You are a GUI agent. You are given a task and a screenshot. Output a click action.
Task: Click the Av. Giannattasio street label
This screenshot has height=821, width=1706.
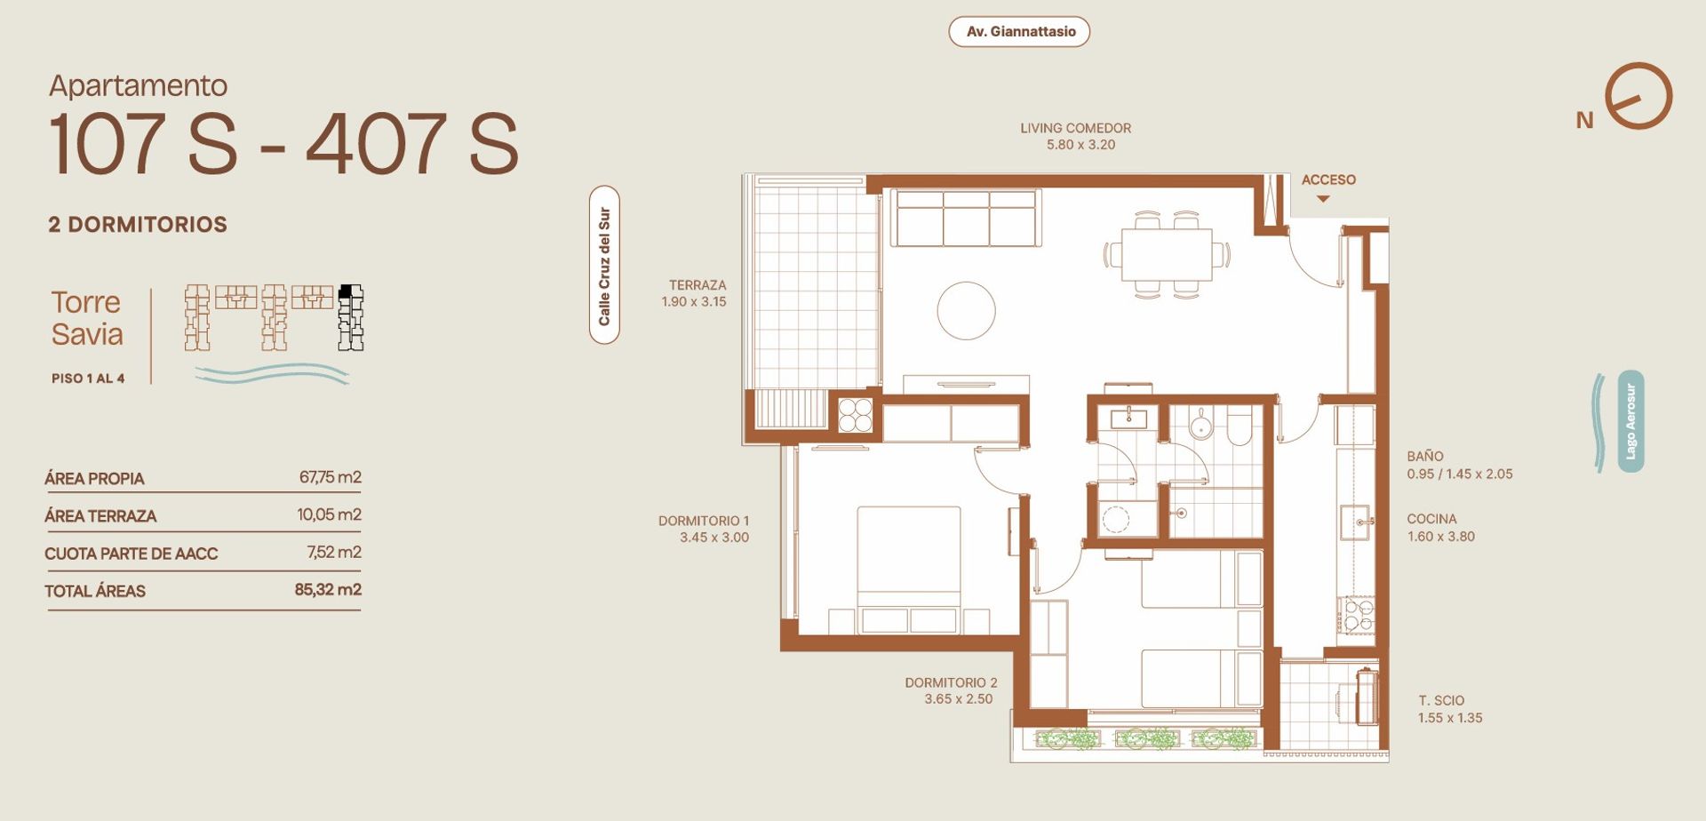click(1020, 32)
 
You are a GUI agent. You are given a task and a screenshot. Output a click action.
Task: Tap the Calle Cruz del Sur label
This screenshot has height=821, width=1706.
click(604, 266)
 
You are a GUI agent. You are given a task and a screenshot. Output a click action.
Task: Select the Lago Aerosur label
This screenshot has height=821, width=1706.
click(1630, 421)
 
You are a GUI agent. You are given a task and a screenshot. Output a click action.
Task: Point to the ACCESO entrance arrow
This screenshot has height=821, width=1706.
click(1323, 199)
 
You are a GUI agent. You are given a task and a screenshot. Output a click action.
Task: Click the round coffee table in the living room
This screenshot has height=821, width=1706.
click(966, 311)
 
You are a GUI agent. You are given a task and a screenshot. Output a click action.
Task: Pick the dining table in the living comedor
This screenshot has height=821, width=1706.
click(1167, 255)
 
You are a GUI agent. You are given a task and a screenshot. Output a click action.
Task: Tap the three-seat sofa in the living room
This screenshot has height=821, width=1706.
click(966, 219)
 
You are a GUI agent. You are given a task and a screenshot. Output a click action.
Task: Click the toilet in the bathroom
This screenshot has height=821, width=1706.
click(1239, 426)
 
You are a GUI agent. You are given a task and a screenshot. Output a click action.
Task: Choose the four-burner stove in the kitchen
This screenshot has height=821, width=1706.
click(1357, 615)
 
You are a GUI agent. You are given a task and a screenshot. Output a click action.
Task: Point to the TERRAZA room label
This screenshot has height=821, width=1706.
click(698, 285)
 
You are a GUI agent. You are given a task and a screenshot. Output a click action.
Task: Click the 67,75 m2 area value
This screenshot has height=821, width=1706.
click(330, 477)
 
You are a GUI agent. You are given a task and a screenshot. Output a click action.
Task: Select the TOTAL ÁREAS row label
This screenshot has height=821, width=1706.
click(95, 591)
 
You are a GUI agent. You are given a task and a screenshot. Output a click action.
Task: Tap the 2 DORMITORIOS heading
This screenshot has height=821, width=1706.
click(138, 224)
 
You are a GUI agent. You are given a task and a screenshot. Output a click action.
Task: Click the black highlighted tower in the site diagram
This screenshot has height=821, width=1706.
click(351, 317)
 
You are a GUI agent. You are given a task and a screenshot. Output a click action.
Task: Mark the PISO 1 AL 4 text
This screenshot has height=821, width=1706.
click(88, 379)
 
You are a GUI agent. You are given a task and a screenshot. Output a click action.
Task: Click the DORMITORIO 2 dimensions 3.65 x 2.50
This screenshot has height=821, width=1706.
click(958, 699)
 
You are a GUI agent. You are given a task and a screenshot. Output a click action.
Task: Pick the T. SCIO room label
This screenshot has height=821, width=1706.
click(1441, 700)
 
